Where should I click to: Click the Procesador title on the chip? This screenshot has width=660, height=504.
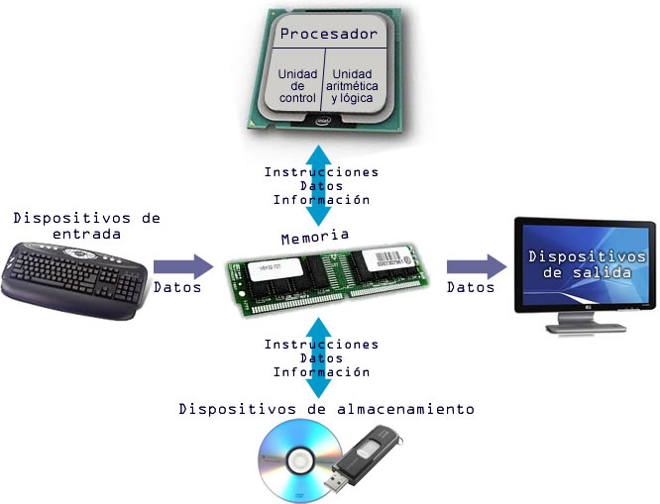(329, 35)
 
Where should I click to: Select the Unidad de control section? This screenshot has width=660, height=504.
(297, 86)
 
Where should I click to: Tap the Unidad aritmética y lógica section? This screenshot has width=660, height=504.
(354, 86)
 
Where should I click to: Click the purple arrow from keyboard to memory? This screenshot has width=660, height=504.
(182, 266)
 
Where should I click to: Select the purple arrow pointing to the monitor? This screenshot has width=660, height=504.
(476, 266)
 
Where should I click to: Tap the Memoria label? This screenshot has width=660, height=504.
(315, 237)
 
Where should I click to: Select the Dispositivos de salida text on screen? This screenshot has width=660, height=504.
(573, 264)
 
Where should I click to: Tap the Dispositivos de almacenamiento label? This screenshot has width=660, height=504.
(327, 408)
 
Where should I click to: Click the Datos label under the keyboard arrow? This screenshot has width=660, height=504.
(177, 288)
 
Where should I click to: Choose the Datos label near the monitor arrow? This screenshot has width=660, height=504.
(471, 288)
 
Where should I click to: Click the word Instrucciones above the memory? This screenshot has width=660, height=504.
(321, 171)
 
